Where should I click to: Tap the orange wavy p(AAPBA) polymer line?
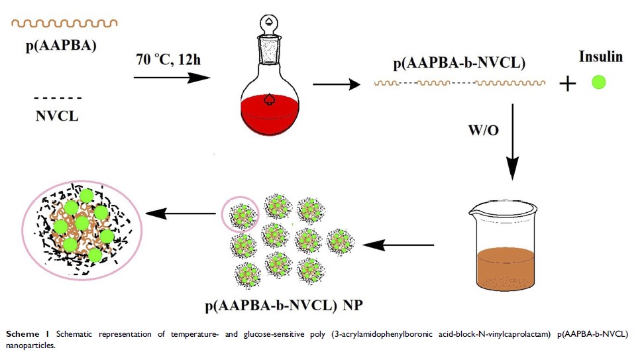64,23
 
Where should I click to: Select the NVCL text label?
56,117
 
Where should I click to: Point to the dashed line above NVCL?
57,97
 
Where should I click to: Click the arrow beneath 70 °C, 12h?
172,77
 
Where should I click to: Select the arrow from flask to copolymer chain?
337,84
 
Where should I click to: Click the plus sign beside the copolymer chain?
568,84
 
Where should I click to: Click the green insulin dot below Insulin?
599,84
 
